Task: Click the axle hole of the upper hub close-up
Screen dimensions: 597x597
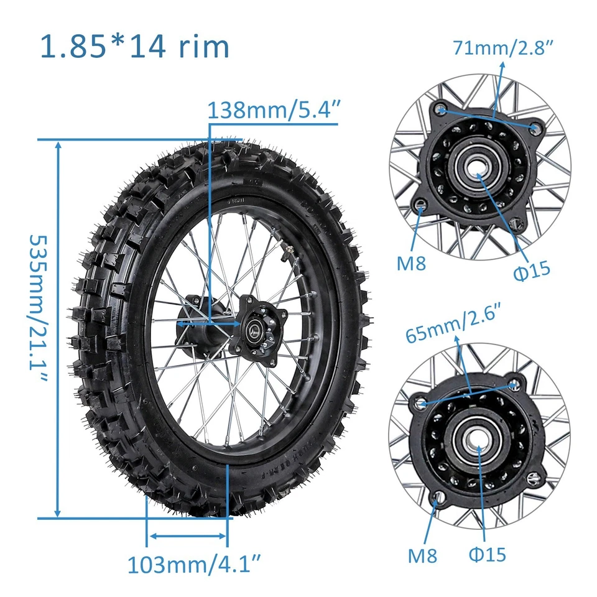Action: [479, 167]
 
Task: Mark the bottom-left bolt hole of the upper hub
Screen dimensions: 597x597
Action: [421, 205]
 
